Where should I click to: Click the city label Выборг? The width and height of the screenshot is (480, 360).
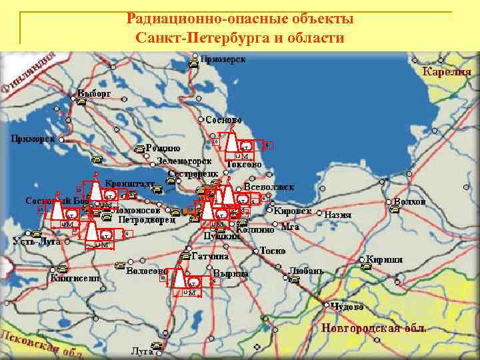tap(94, 93)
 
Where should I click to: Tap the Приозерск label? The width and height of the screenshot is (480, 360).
tap(223, 60)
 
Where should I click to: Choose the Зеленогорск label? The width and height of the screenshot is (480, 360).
tap(185, 161)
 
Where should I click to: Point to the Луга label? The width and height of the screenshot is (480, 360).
tap(141, 350)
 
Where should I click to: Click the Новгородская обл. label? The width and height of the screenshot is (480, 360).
tap(373, 328)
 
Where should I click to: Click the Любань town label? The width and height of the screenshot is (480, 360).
tap(306, 271)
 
